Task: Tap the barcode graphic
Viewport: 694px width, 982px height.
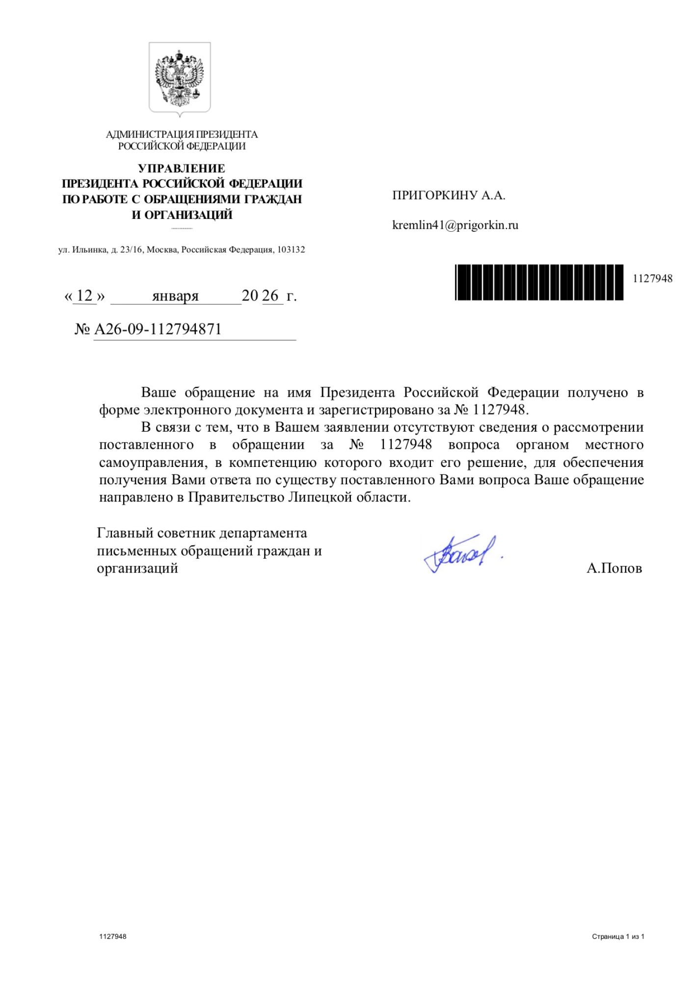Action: pos(539,282)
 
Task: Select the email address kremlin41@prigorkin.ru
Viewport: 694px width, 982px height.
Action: pos(455,225)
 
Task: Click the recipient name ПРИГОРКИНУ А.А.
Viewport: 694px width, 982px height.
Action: pos(449,195)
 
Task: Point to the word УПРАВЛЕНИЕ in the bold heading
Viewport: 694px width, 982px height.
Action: pos(182,168)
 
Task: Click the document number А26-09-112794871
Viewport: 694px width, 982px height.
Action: pos(158,329)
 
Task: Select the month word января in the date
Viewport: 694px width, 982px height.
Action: pos(175,296)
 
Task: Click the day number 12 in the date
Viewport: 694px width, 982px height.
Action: pos(84,296)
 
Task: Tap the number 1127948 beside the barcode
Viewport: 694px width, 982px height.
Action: pos(652,278)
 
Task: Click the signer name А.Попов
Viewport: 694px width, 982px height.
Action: pos(614,568)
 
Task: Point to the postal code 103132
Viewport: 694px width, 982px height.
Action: pos(291,249)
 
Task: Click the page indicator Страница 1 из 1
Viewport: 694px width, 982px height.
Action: pos(618,936)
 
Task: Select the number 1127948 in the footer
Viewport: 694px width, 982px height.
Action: pos(113,936)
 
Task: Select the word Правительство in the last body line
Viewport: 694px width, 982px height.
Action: pos(236,497)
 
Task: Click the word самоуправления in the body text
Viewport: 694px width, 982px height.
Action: pos(153,463)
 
